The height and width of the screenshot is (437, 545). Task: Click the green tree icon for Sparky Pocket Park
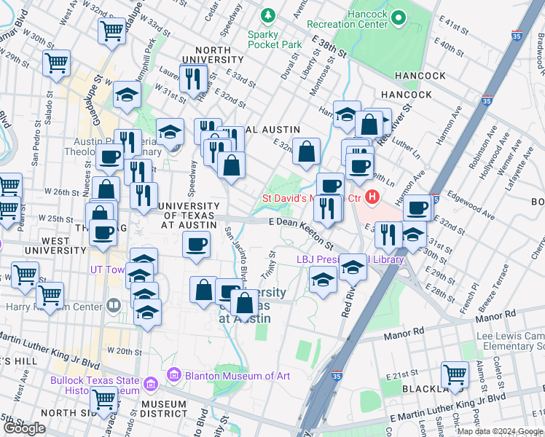(269, 15)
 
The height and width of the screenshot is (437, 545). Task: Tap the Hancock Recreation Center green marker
(399, 17)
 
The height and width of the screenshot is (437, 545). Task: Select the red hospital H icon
(372, 197)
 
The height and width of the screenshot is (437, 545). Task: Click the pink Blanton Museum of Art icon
(173, 375)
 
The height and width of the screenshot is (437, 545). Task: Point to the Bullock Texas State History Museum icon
(150, 383)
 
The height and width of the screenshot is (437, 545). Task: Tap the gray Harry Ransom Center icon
(113, 304)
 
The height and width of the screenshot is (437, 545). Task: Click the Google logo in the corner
(24, 428)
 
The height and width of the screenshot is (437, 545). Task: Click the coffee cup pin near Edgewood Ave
(417, 208)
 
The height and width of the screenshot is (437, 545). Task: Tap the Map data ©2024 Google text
(499, 431)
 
